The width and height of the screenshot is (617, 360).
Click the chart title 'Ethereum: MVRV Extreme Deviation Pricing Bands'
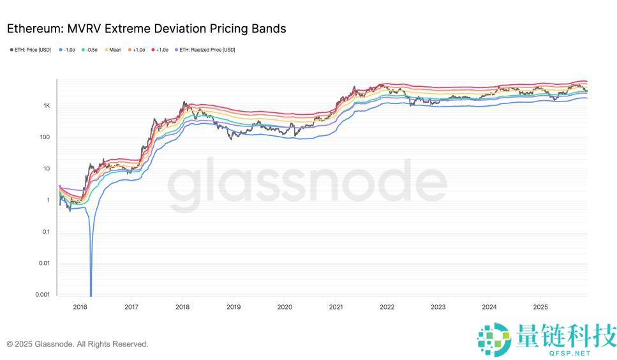tap(146, 29)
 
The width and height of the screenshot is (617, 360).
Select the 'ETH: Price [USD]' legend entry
tap(31, 50)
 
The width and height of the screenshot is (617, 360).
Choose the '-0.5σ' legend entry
tap(90, 50)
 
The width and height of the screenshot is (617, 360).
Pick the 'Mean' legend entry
tap(113, 50)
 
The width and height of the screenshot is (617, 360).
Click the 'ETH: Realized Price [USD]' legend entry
tap(205, 50)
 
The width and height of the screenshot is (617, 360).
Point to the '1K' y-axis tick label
tap(46, 105)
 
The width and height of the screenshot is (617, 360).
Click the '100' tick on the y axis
tap(45, 137)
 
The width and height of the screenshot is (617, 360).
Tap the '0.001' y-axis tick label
tap(41, 294)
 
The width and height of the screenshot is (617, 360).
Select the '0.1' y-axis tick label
tap(45, 232)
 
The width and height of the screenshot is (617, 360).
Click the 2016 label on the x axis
tap(80, 307)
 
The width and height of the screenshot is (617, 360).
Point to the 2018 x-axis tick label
tap(182, 307)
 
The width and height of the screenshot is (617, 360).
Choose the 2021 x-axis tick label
tap(336, 307)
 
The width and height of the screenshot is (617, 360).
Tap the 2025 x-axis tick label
tap(540, 307)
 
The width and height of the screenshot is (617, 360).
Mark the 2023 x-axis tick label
tap(438, 307)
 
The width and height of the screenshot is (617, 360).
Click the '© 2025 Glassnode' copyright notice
tap(77, 344)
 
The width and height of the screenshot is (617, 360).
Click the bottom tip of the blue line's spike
tap(91, 296)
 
